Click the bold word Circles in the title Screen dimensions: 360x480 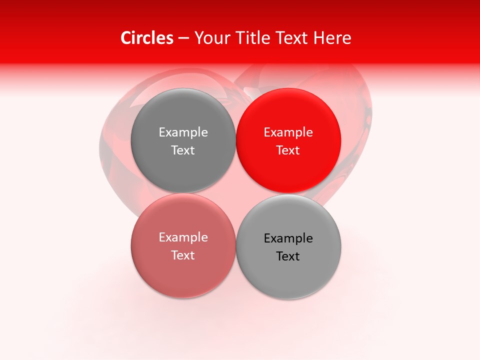[x=147, y=38]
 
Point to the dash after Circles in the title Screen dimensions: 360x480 [x=183, y=38]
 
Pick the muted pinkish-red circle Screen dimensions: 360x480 [x=183, y=272]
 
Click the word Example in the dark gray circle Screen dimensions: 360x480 [x=183, y=132]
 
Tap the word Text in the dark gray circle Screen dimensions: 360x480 [x=183, y=150]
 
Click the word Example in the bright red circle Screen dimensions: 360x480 [x=288, y=132]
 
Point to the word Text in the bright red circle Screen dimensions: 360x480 [x=288, y=150]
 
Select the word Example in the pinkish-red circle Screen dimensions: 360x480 [x=183, y=237]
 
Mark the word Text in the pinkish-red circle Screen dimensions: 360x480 [x=183, y=255]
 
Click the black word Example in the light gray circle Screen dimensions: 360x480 [x=288, y=238]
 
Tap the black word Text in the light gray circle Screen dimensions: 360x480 [x=288, y=256]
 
